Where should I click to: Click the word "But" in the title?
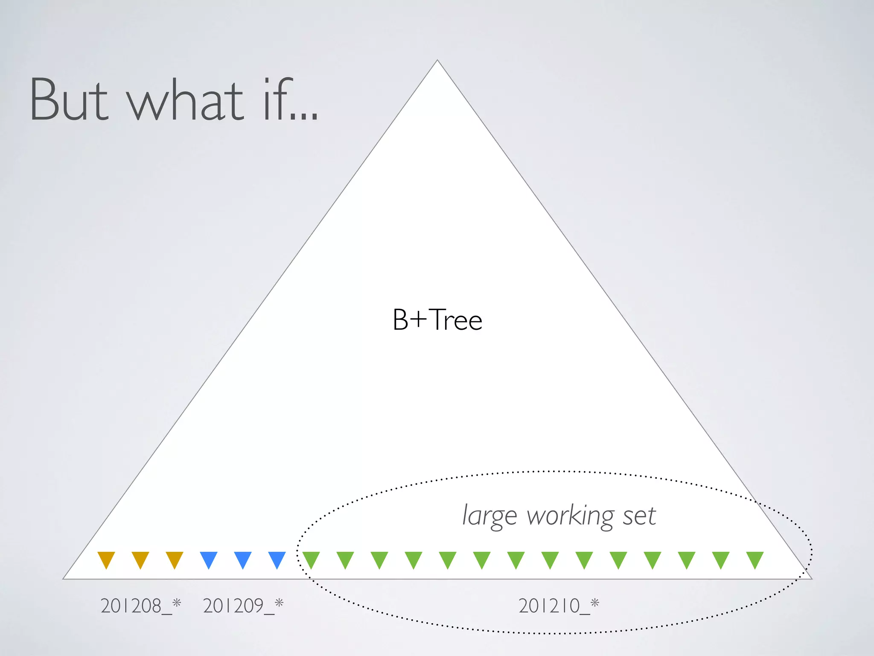68,100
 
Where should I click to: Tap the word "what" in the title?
185,100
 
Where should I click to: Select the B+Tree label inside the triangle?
437,320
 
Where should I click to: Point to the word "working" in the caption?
570,516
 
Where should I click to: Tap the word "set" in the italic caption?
639,516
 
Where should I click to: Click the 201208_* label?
141,606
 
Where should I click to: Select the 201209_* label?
243,606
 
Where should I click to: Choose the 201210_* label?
559,606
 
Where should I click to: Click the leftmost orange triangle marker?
106,559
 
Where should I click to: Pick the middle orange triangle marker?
140,559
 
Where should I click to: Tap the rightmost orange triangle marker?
175,559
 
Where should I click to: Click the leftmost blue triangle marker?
209,559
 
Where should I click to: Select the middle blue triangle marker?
243,559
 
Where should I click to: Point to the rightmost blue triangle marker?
277,559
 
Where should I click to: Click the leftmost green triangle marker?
311,559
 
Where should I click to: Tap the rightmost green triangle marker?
755,559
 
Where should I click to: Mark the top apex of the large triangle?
437,61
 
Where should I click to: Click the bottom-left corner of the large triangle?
64,579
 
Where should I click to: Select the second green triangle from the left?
345,559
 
